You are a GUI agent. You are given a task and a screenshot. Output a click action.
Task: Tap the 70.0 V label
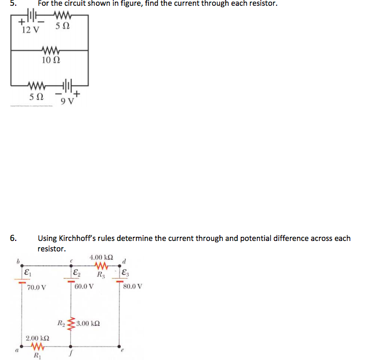click(x=37, y=287)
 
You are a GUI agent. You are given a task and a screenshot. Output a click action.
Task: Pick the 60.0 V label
click(x=85, y=287)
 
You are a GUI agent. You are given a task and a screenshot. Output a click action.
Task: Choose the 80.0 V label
click(x=132, y=287)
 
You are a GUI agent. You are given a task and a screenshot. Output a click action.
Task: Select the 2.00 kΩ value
click(x=37, y=337)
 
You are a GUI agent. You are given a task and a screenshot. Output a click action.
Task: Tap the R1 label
click(x=37, y=355)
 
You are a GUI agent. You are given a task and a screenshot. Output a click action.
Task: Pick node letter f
click(x=71, y=352)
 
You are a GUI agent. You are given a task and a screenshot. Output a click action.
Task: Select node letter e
click(x=121, y=351)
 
